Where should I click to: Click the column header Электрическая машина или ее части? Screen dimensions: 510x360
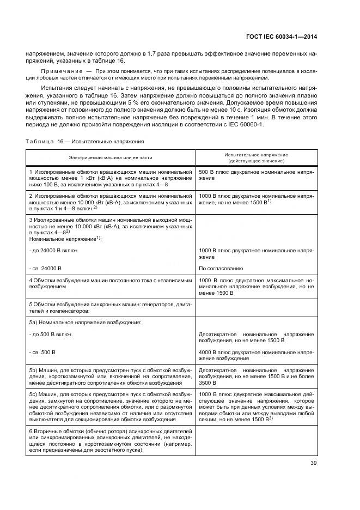[x=111, y=157]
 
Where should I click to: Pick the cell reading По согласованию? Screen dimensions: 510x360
[x=221, y=268]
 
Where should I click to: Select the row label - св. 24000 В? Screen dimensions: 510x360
[x=45, y=268]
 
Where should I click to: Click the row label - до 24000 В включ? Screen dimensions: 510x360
[x=54, y=250]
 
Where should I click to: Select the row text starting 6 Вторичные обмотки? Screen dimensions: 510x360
[x=111, y=440]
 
